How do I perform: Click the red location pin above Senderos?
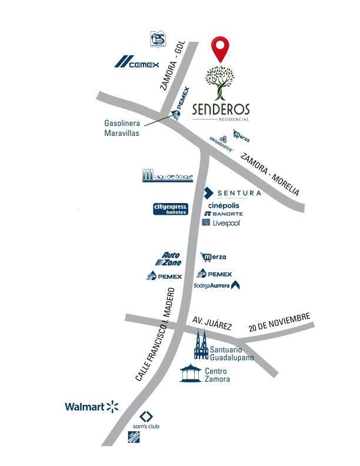coord(221,48)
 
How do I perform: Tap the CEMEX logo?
coord(136,62)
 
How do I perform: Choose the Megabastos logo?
coord(222,140)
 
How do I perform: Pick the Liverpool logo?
coord(221,223)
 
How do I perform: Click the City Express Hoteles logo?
coord(171,209)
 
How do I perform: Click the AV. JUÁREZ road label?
coord(212,324)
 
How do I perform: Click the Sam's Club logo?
coord(146,420)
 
